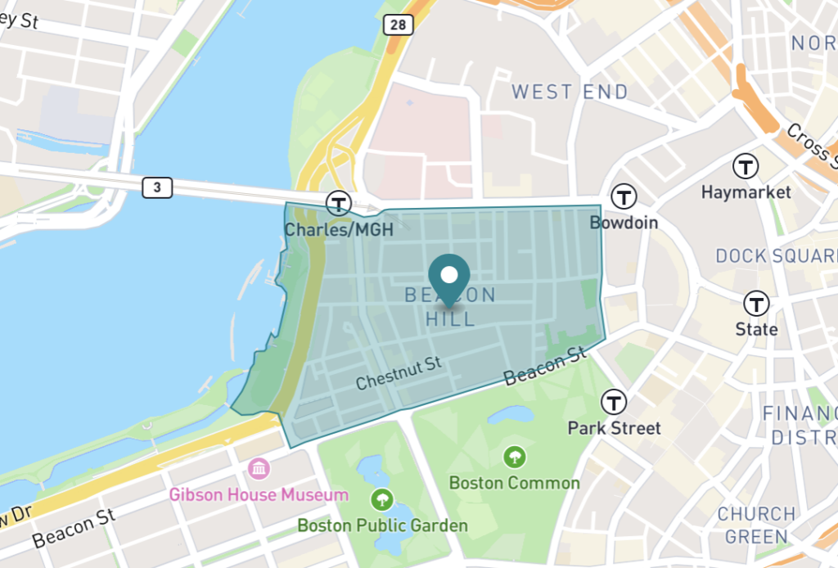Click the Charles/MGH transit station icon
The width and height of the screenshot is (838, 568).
(x=338, y=203)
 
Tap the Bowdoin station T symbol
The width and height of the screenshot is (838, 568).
(x=624, y=196)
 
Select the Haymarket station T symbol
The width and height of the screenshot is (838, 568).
(x=746, y=167)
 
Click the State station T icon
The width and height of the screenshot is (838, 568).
(x=756, y=304)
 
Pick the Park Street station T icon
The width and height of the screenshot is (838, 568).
(x=614, y=402)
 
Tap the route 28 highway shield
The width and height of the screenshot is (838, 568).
(x=398, y=25)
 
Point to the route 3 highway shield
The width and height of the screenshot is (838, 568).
(x=157, y=188)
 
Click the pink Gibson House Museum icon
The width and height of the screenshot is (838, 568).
(x=259, y=469)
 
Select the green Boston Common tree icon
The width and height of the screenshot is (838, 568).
(x=515, y=456)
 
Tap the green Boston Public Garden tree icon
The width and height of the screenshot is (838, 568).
(x=382, y=498)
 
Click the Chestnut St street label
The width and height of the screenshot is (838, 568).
(x=399, y=372)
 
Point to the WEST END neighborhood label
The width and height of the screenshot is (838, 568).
(x=570, y=92)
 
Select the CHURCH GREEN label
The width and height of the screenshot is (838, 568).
(x=756, y=525)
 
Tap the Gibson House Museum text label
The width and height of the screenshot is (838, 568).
(x=259, y=495)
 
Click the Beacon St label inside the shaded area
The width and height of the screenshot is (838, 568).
(x=545, y=366)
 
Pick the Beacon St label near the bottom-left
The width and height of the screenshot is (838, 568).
(x=73, y=529)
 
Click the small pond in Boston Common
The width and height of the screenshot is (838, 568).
(x=510, y=415)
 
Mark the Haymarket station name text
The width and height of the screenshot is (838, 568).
(x=746, y=193)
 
